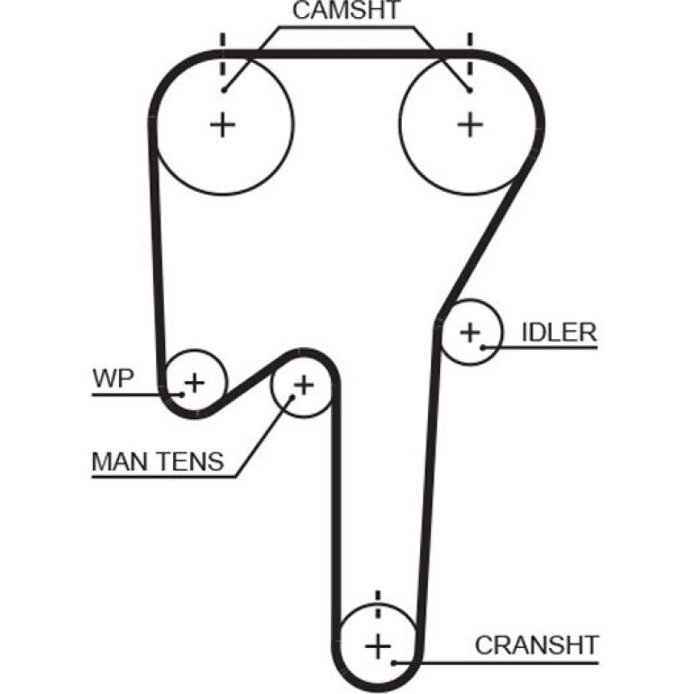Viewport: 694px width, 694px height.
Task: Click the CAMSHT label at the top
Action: pyautogui.click(x=346, y=10)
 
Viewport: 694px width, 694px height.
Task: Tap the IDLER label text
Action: pyautogui.click(x=560, y=332)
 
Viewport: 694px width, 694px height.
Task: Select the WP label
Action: pyautogui.click(x=113, y=378)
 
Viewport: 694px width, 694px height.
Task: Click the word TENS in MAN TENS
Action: pyautogui.click(x=192, y=461)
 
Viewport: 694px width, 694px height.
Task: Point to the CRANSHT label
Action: pyautogui.click(x=537, y=645)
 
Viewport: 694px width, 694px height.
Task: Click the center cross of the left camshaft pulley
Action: pyautogui.click(x=223, y=124)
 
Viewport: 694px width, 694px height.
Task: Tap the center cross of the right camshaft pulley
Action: pyautogui.click(x=470, y=124)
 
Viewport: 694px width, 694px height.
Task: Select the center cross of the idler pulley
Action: pyautogui.click(x=470, y=332)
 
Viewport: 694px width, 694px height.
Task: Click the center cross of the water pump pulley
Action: pyautogui.click(x=195, y=383)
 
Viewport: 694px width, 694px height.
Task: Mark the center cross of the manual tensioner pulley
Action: pyautogui.click(x=304, y=385)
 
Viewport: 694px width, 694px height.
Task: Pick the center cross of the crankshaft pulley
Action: pyautogui.click(x=378, y=647)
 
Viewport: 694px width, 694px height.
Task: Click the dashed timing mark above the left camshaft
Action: pyautogui.click(x=223, y=54)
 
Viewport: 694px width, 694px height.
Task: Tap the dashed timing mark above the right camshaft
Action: pyautogui.click(x=470, y=54)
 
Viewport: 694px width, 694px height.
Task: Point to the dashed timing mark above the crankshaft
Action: pyautogui.click(x=378, y=604)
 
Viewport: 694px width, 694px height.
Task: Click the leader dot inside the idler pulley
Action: pyautogui.click(x=483, y=347)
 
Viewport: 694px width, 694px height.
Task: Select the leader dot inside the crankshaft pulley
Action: pyautogui.click(x=394, y=662)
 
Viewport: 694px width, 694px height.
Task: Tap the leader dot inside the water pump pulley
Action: pyautogui.click(x=181, y=394)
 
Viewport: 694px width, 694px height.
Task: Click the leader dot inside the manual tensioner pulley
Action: pyautogui.click(x=292, y=397)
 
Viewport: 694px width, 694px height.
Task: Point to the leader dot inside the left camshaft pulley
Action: pyautogui.click(x=224, y=91)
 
